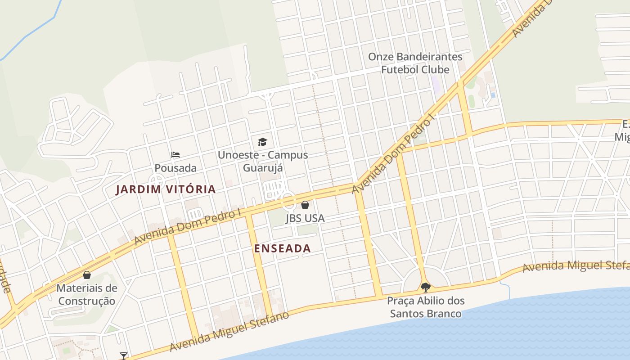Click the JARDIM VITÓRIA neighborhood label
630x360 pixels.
pyautogui.click(x=166, y=189)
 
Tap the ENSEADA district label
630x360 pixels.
pyautogui.click(x=282, y=248)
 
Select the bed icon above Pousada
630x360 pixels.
pyautogui.click(x=175, y=155)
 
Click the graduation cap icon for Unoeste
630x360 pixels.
pyautogui.click(x=262, y=142)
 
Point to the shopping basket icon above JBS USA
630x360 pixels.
pyautogui.click(x=305, y=205)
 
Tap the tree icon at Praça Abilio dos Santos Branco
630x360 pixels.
pyautogui.click(x=425, y=287)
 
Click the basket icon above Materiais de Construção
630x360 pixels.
pyautogui.click(x=87, y=275)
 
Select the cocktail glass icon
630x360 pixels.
pyautogui.click(x=124, y=356)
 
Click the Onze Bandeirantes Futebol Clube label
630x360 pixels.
pyautogui.click(x=415, y=63)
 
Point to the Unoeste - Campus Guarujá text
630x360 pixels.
pyautogui.click(x=263, y=161)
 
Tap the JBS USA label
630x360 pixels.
pyautogui.click(x=305, y=218)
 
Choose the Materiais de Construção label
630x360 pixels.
pyautogui.click(x=87, y=294)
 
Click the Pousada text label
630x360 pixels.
pyautogui.click(x=175, y=168)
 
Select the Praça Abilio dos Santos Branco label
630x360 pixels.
pyautogui.click(x=426, y=307)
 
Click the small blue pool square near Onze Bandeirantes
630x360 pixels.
pyautogui.click(x=493, y=95)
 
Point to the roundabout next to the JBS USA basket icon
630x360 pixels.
pyautogui.click(x=288, y=200)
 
